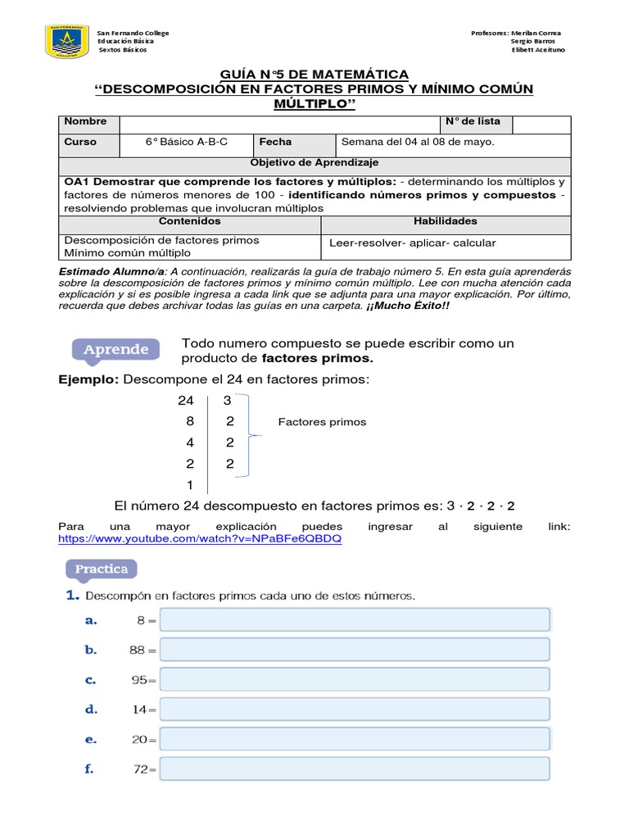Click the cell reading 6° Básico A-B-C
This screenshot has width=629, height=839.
[x=187, y=142]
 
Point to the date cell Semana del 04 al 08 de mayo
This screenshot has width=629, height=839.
[x=418, y=142]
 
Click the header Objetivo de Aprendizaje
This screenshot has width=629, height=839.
[x=314, y=163]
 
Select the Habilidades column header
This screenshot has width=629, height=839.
[x=446, y=221]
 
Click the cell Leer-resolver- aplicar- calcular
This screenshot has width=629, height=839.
[x=412, y=243]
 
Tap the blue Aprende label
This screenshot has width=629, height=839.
[x=115, y=350]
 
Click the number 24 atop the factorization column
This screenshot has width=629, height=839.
[x=186, y=401]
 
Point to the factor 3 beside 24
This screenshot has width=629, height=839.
[x=227, y=401]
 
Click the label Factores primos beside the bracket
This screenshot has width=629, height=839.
[x=322, y=422]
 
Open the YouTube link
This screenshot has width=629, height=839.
[x=200, y=539]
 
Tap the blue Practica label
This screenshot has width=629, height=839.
[x=102, y=568]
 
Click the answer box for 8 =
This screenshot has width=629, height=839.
[x=355, y=620]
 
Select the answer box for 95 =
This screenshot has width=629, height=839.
[x=355, y=680]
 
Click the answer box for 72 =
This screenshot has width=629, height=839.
[x=355, y=769]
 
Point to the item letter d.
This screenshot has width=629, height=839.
[x=91, y=709]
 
